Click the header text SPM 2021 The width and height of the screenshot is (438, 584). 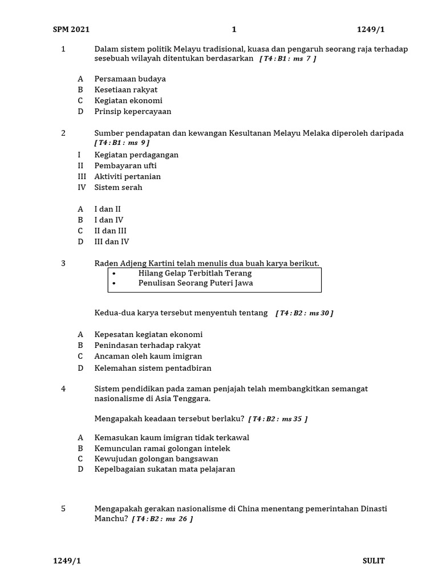coord(71,30)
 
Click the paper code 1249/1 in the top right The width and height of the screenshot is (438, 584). coord(371,30)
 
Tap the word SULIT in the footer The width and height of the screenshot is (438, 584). coord(374,561)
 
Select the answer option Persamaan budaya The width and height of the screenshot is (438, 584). coord(130,79)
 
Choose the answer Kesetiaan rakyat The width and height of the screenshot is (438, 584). coord(126,90)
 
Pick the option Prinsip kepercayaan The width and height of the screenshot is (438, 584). coord(133,111)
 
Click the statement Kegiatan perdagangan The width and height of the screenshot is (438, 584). coord(136,155)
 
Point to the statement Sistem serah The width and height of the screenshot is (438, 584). coord(118,187)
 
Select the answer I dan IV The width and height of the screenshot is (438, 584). coord(109,220)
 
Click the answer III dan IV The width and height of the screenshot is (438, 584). coord(112,241)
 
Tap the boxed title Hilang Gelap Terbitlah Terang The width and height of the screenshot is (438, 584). coord(194,273)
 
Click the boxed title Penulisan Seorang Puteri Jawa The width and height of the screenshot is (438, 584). coord(196,283)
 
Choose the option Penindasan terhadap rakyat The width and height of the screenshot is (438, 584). coord(147,345)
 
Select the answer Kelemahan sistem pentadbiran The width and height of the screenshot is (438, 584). coord(153,368)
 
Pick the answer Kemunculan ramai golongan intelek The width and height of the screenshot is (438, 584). coord(162,448)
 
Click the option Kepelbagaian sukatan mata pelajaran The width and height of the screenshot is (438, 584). coord(164,469)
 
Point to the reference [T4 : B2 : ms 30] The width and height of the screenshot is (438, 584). coord(304,313)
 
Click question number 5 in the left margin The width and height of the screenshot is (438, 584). coord(63,509)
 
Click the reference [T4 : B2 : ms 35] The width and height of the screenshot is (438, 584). coord(278,419)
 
